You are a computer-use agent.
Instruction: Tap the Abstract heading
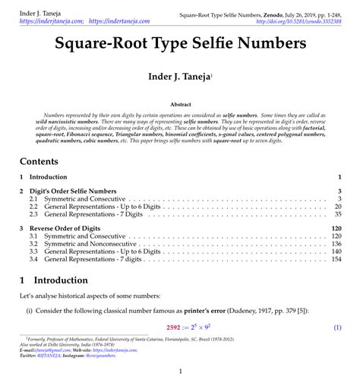tap(180, 103)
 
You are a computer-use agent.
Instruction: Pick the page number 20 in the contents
tap(337, 207)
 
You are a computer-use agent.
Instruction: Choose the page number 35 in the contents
tap(337, 214)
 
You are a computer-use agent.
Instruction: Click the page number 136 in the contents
tap(336, 244)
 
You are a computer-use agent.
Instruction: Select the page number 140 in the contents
tap(336, 252)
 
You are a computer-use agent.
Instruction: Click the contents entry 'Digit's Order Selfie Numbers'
tap(79, 191)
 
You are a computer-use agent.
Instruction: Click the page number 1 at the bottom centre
tap(180, 372)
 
